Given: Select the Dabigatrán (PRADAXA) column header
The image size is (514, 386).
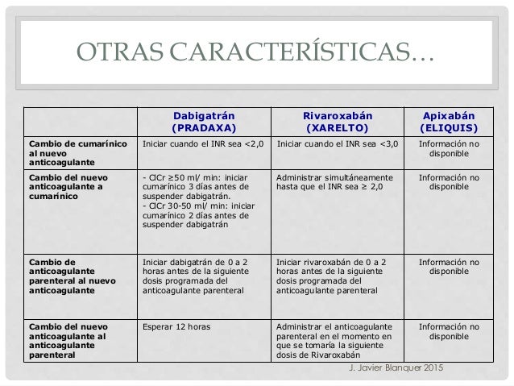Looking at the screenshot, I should pyautogui.click(x=204, y=120).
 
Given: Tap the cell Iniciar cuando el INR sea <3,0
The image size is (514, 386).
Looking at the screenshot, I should pyautogui.click(x=336, y=144).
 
